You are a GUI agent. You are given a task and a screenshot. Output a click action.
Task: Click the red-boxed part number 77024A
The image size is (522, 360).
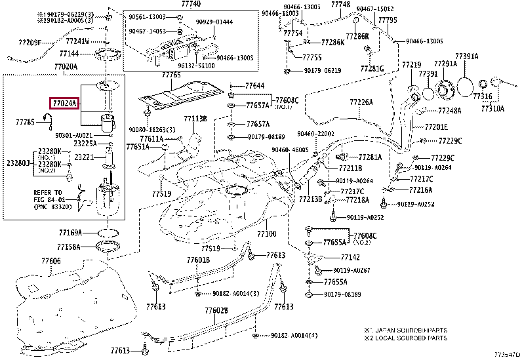(64, 104)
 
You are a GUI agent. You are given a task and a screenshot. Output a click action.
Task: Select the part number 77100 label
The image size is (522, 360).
(266, 233)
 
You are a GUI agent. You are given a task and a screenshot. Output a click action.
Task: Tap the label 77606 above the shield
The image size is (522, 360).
(51, 261)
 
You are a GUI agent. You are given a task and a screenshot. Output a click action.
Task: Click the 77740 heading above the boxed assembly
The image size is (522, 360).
(173, 4)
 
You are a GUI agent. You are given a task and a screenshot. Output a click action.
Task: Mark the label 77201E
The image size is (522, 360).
(436, 127)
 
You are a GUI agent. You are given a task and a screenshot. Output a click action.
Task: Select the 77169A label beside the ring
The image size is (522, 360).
(69, 232)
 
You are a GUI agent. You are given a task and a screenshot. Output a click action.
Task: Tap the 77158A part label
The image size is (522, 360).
(69, 247)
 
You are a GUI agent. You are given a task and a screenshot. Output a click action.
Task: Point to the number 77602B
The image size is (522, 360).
(216, 311)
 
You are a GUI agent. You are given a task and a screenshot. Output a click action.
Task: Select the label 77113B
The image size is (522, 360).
(195, 119)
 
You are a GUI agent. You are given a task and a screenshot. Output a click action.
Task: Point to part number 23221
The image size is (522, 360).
(83, 157)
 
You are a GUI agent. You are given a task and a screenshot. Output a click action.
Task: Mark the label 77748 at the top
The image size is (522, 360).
(341, 4)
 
